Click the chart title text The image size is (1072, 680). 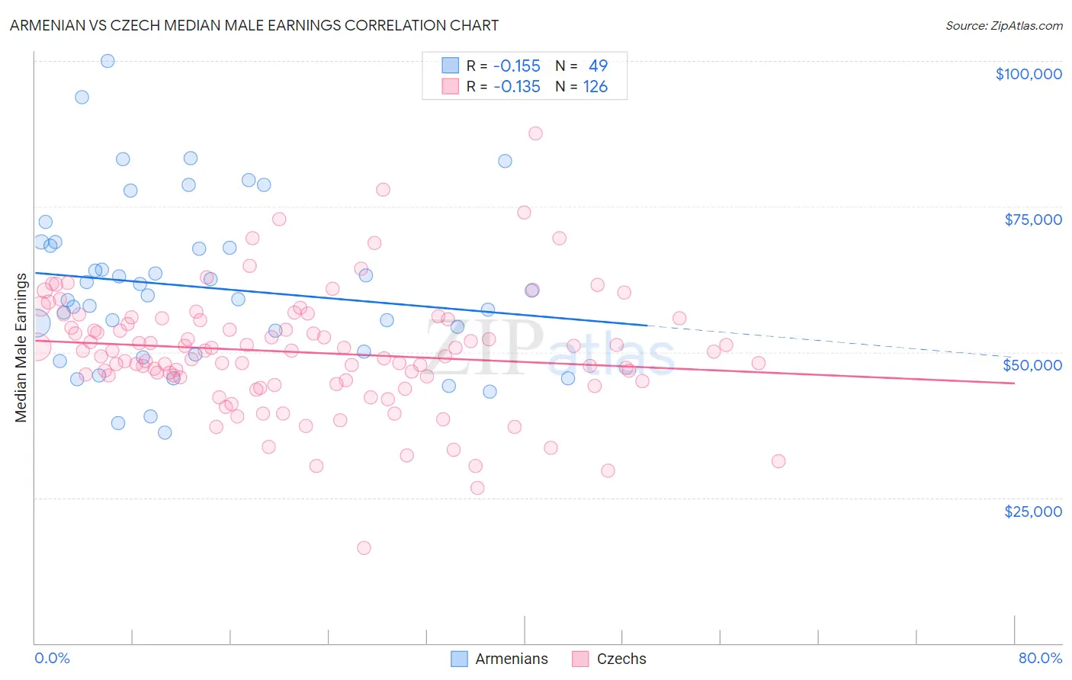pyautogui.click(x=254, y=25)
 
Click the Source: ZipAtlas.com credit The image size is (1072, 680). pyautogui.click(x=1003, y=25)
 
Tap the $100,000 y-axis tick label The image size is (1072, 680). pyautogui.click(x=1028, y=74)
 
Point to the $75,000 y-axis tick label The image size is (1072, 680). pyautogui.click(x=1032, y=220)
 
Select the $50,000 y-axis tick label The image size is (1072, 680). pyautogui.click(x=1032, y=365)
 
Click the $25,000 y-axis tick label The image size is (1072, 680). pyautogui.click(x=1032, y=512)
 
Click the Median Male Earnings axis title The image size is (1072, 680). pyautogui.click(x=21, y=348)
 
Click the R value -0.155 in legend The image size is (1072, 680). pyautogui.click(x=516, y=66)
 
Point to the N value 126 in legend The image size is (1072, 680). pyautogui.click(x=595, y=87)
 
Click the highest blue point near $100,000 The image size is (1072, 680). pyautogui.click(x=108, y=61)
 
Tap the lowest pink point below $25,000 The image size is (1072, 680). pyautogui.click(x=364, y=548)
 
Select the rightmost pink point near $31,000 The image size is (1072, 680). pyautogui.click(x=778, y=461)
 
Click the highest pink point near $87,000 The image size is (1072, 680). pyautogui.click(x=535, y=133)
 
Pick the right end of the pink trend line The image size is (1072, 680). pyautogui.click(x=1013, y=383)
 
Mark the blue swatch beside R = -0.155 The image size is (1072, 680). pyautogui.click(x=450, y=66)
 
